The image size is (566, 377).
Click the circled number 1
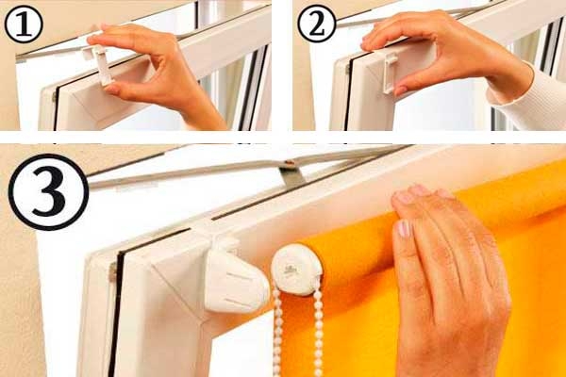point(24,25)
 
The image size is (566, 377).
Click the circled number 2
point(317,24)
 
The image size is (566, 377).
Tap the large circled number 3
point(48,192)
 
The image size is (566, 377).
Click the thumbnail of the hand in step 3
point(404,229)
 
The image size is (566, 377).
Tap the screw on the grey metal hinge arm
point(288,163)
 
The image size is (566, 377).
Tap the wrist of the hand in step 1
point(202,114)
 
